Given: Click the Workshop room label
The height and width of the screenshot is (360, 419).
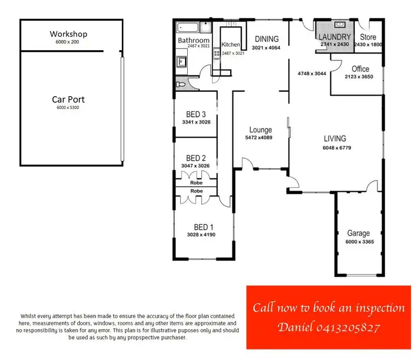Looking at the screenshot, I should click(x=68, y=34).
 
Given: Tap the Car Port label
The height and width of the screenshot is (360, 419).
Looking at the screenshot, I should click(x=68, y=100).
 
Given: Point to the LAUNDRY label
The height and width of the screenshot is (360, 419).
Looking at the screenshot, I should click(x=335, y=37).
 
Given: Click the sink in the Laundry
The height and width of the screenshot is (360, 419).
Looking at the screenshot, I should click(x=340, y=25).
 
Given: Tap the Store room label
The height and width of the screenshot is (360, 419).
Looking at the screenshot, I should click(x=369, y=37).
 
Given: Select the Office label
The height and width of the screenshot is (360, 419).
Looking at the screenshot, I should click(x=360, y=69).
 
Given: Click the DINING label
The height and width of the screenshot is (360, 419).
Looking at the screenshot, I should click(x=266, y=39).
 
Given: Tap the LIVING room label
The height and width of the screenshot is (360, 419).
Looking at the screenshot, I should click(x=335, y=139).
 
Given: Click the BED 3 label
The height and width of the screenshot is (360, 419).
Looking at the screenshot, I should click(x=196, y=115).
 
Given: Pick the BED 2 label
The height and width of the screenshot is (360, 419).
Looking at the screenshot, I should click(x=196, y=158).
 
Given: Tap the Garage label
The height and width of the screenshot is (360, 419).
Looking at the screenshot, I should click(x=358, y=233).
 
